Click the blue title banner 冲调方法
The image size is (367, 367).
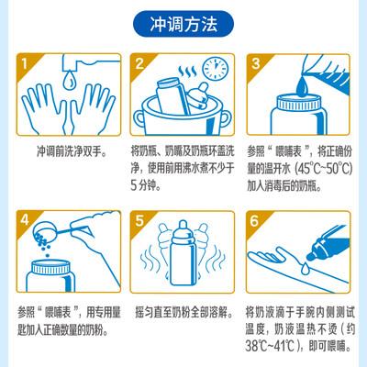183,24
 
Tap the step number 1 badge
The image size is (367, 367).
25,63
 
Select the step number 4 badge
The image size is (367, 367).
25,219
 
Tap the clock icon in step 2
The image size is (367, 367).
216,68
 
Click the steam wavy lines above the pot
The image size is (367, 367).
187,71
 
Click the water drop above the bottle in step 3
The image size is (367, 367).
303,85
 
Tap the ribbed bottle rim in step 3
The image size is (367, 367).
299,103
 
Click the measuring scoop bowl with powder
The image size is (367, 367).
43,231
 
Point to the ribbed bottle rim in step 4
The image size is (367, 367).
51,267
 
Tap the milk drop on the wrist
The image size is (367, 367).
305,268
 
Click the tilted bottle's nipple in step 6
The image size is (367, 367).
312,254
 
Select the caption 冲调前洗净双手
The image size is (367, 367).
72,151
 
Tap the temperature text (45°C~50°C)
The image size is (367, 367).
324,168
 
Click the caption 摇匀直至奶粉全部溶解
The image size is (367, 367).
183,312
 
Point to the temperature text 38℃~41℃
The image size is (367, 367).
270,346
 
